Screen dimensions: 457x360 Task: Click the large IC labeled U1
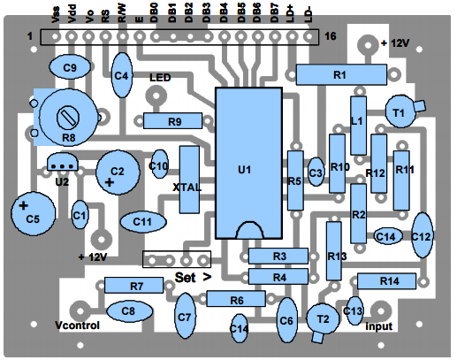[x=249, y=163]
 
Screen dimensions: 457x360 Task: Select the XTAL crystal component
[x=189, y=180]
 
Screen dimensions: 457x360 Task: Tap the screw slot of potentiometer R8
[x=68, y=118]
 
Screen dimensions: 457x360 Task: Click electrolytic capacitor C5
[x=33, y=213]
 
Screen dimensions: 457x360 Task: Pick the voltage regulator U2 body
[x=62, y=162]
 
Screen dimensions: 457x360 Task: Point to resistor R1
[x=341, y=75]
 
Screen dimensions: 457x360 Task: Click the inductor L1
[x=358, y=126]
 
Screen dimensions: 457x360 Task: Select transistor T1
[x=400, y=111]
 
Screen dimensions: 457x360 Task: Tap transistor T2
[x=323, y=320]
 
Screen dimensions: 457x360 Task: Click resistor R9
[x=172, y=120]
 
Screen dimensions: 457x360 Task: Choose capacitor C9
[x=70, y=67]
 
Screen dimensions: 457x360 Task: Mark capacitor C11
[x=143, y=222]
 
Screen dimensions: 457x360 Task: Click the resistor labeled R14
[x=386, y=281]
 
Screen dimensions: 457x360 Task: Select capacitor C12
[x=423, y=235]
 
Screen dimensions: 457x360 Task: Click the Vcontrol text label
[x=77, y=326]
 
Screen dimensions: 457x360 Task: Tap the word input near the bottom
[x=379, y=326]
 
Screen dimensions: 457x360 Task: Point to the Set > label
[x=193, y=278]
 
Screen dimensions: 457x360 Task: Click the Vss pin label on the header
[x=56, y=15]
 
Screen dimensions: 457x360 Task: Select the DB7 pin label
[x=274, y=13]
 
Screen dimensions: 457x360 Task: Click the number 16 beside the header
[x=331, y=36]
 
